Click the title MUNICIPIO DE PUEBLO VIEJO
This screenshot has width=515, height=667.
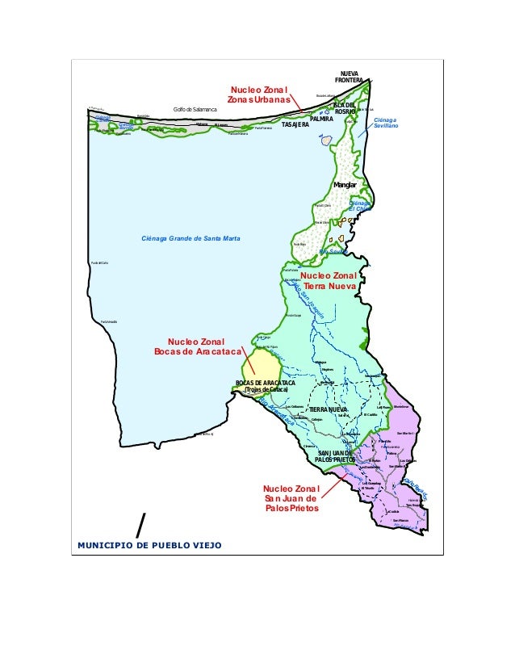coord(149,545)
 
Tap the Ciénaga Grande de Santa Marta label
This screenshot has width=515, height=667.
coord(191,238)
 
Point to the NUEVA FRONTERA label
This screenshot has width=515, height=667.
coord(350,77)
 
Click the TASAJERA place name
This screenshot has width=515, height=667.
coord(295,127)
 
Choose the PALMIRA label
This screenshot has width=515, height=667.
coord(321,119)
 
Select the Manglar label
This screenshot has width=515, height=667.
coord(345,186)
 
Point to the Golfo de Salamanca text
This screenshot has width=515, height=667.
coord(191,109)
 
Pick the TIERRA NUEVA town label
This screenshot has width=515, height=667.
coord(328,410)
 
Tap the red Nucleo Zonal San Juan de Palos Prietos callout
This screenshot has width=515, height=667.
coord(291,499)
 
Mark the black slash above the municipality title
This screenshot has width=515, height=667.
coord(142,524)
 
